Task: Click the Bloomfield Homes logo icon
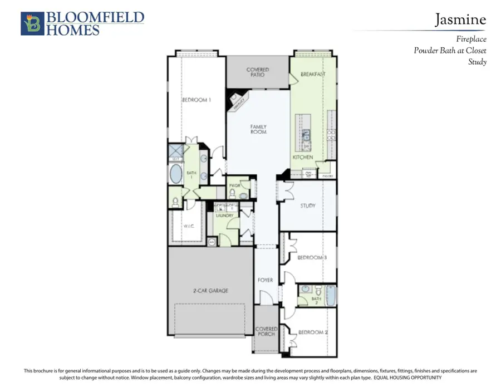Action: coord(31,23)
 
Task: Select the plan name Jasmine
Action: coord(460,20)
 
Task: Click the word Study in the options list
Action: coord(477,62)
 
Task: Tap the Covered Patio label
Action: coord(258,72)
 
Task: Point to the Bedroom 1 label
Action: coord(196,100)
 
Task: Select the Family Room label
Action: coord(258,130)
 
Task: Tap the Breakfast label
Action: coord(312,74)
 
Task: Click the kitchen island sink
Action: coord(306,134)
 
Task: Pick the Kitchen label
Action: coord(303,158)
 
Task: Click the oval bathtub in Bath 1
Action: coord(175,174)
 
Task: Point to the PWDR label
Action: coord(234,185)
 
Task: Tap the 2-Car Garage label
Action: coord(211,290)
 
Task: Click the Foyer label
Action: coord(266,280)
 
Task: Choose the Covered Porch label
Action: coord(266,332)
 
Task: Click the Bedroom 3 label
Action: coord(311,258)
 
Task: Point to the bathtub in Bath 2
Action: coord(331,295)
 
